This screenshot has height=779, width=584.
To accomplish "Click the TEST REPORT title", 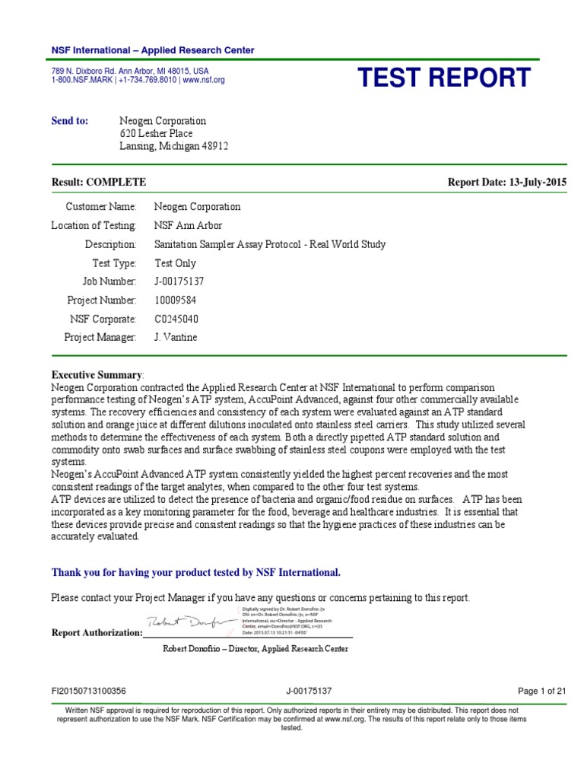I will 444,78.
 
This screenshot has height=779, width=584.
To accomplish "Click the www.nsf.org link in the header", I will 204,80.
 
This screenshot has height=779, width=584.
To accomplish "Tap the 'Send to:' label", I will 70,121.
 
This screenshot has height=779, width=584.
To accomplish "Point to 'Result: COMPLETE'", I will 98,183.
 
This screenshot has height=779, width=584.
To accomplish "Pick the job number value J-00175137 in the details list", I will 179,281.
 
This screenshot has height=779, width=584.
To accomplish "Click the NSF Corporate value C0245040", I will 176,319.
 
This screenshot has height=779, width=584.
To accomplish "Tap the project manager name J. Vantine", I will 176,337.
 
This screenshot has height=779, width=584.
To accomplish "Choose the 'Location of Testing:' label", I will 94,226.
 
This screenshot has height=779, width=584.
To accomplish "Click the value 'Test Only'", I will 175,263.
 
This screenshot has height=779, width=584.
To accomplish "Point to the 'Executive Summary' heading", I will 97,375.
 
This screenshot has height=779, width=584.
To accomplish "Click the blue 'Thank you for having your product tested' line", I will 195,572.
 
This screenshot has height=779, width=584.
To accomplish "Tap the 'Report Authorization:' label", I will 97,632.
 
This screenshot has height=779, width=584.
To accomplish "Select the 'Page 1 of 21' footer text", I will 542,691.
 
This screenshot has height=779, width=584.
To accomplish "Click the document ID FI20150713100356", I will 88,691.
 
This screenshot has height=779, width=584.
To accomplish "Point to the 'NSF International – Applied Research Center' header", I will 153,50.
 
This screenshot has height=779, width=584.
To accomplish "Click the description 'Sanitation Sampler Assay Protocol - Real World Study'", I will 270,245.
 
